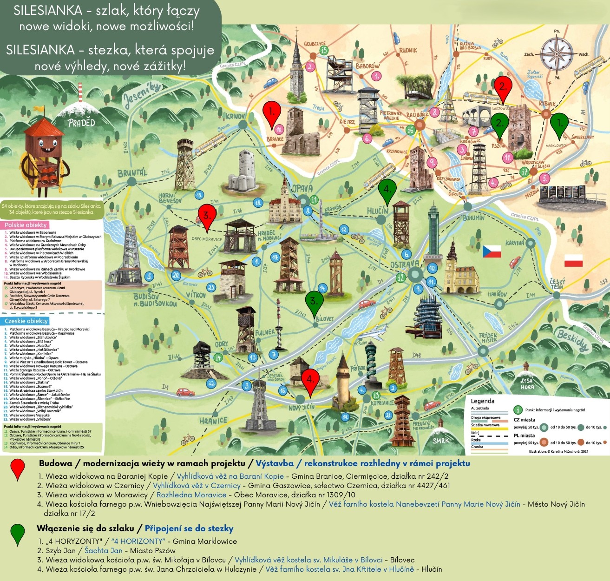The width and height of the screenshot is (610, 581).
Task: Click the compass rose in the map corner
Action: (558, 54)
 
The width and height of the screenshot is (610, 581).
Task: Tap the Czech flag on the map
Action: (492, 251)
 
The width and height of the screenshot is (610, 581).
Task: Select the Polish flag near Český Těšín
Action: (573, 261)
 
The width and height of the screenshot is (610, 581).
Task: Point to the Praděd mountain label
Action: (81, 123)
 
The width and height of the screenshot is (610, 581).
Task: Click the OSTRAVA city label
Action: (405, 264)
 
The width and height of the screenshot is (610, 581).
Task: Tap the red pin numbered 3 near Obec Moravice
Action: (207, 216)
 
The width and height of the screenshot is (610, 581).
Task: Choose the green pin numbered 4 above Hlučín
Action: (387, 189)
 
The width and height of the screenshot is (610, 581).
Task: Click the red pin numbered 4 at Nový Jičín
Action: (310, 380)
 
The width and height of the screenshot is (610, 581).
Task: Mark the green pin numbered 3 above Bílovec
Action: (314, 302)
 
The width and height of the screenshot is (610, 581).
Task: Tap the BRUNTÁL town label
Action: (132, 173)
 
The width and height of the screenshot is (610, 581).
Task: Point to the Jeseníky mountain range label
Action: (142, 95)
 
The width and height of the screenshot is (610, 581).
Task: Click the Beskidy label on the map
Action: (572, 340)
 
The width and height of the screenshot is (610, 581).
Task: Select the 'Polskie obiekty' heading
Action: (26, 225)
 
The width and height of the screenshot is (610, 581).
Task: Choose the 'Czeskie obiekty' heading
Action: (26, 321)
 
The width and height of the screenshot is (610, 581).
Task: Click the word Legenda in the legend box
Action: (483, 401)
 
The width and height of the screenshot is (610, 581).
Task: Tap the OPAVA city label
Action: (302, 189)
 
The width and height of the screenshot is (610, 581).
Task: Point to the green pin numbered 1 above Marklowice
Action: (559, 124)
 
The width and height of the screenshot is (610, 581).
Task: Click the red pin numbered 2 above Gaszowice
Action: (502, 87)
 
